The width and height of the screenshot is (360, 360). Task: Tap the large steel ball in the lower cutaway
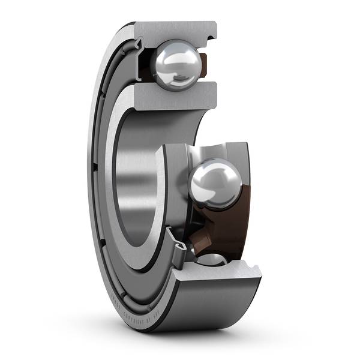click(214, 182)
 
